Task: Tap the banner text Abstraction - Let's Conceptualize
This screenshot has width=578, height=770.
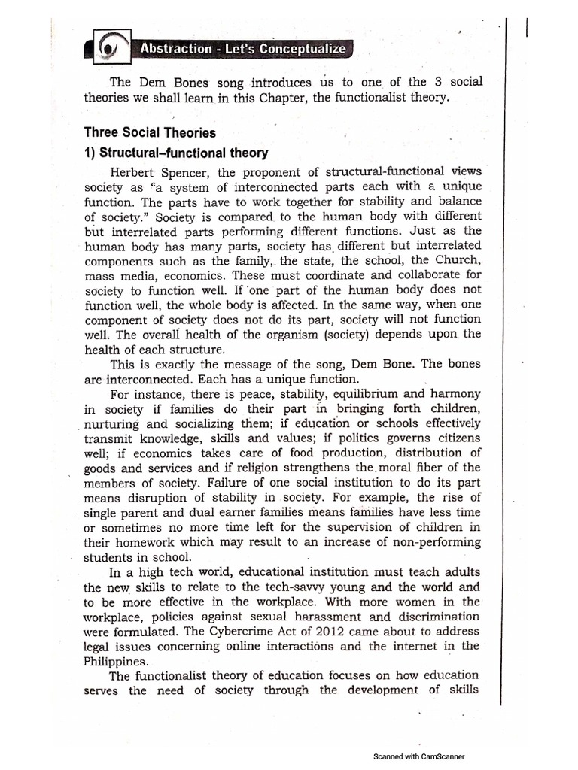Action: click(x=239, y=50)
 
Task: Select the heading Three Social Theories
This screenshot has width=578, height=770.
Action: click(x=150, y=133)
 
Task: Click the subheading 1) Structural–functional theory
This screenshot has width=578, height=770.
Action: click(x=176, y=153)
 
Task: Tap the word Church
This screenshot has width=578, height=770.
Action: click(x=452, y=261)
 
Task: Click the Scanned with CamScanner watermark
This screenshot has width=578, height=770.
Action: click(x=420, y=757)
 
